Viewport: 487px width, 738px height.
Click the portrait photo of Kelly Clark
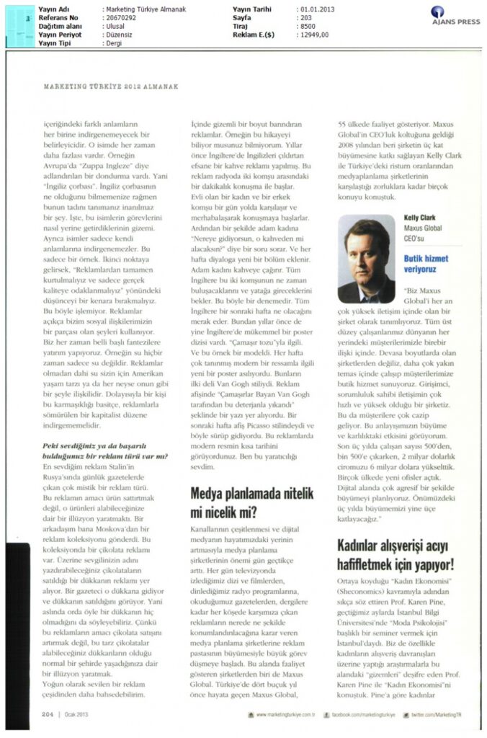coord(367,259)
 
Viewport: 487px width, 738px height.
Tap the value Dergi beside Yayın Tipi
coord(115,43)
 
